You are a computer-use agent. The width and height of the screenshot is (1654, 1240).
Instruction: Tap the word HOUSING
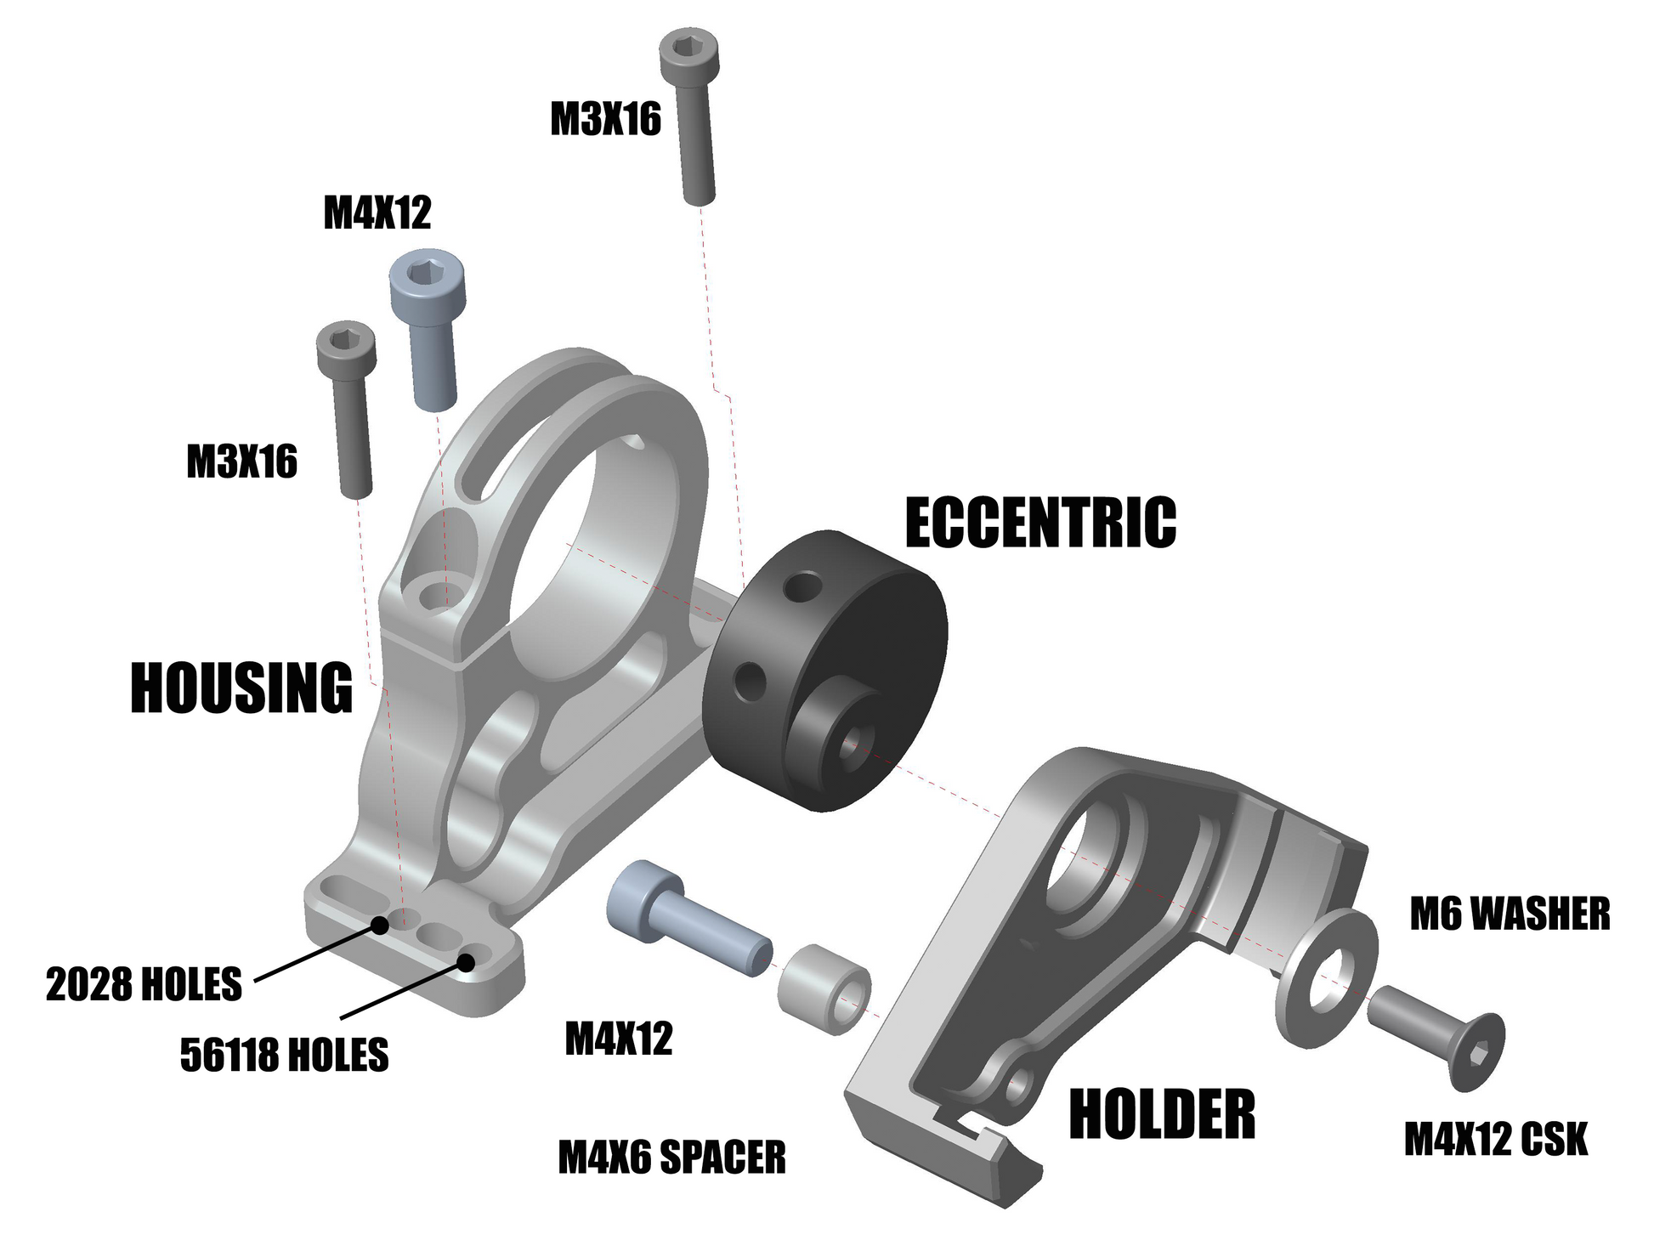coord(241,688)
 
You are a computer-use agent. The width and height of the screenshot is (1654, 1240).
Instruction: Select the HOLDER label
coord(1162,1113)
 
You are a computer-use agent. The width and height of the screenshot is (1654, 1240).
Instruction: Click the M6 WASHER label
coord(1510,914)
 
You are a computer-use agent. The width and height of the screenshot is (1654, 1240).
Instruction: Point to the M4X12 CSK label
coord(1496,1140)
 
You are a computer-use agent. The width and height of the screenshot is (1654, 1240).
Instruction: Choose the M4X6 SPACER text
coord(671,1158)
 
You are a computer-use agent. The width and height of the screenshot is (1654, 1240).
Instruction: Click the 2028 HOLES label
coord(144,984)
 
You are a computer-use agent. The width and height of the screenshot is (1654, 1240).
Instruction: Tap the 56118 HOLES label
coord(284,1055)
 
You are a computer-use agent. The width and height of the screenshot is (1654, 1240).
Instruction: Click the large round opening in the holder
coord(1085,859)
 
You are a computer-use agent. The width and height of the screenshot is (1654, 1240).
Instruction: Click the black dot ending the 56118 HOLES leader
coord(466,962)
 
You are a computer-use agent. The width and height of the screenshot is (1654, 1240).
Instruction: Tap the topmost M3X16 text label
coord(605,119)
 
